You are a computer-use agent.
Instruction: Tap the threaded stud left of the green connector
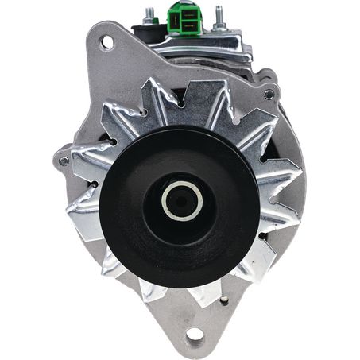pyautogui.click(x=149, y=15)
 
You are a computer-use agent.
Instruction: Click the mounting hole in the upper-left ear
pyautogui.click(x=105, y=42)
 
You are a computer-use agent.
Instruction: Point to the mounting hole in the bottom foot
pyautogui.click(x=195, y=335)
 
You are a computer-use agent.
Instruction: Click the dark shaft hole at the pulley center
pyautogui.click(x=179, y=199)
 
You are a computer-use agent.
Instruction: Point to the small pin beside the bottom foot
pyautogui.click(x=225, y=300)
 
